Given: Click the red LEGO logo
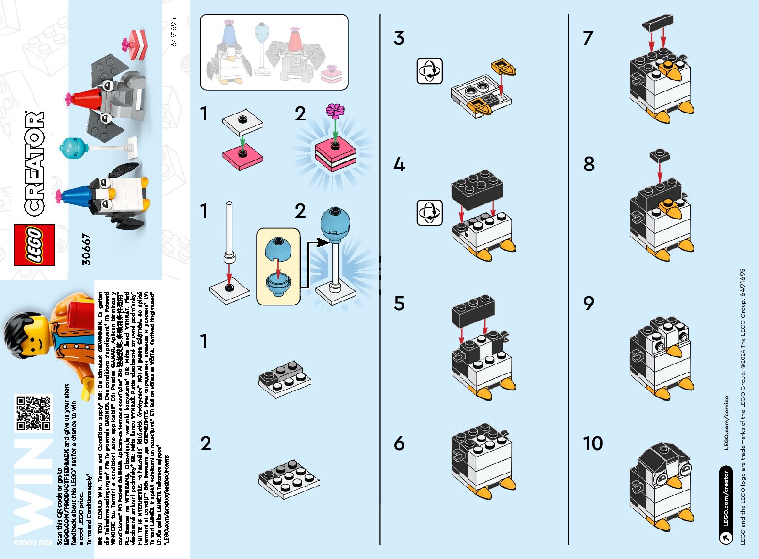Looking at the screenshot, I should tap(34, 245).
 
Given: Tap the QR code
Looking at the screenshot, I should tap(33, 413).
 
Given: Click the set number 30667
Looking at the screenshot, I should tap(86, 249).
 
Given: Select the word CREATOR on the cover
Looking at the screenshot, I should tap(34, 163).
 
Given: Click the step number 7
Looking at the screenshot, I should tap(588, 38).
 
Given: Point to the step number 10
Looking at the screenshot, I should tap(593, 443).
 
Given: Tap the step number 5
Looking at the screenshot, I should tap(399, 304).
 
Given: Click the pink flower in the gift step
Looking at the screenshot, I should tap(335, 111).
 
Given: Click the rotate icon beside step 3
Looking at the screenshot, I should tap(429, 71).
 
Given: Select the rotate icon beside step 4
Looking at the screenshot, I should tap(429, 213).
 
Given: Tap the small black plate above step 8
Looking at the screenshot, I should tap(660, 155).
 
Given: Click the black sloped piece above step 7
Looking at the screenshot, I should tap(657, 22).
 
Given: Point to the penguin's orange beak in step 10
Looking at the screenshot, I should tap(674, 482).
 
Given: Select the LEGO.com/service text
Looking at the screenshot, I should tap(726, 423).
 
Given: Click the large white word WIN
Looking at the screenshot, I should tap(33, 491).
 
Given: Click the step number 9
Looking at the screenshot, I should tap(588, 304).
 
